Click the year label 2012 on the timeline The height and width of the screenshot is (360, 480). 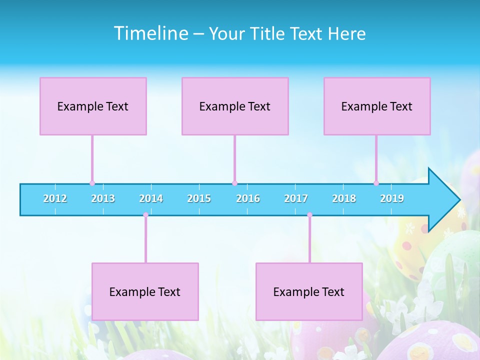55,199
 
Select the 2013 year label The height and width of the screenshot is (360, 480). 103,199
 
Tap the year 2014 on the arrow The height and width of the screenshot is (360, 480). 151,199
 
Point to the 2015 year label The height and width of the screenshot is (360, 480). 199,199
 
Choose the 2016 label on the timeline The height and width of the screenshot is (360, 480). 248,199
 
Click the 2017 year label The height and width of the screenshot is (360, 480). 296,199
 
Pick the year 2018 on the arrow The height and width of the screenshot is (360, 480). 344,199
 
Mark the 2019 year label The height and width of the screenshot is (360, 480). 392,199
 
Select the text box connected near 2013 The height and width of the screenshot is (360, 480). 93,106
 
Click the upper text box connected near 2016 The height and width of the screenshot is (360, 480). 235,106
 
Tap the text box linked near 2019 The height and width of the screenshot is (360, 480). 377,106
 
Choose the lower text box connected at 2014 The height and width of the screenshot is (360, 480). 145,291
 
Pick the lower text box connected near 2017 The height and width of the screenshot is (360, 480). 309,291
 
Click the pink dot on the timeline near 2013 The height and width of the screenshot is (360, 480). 92,183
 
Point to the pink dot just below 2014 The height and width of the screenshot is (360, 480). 145,215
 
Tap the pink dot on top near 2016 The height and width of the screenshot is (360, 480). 234,183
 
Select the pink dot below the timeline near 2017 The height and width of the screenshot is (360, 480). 309,215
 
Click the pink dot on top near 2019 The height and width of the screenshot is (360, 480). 376,183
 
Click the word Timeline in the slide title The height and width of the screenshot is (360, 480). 151,33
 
